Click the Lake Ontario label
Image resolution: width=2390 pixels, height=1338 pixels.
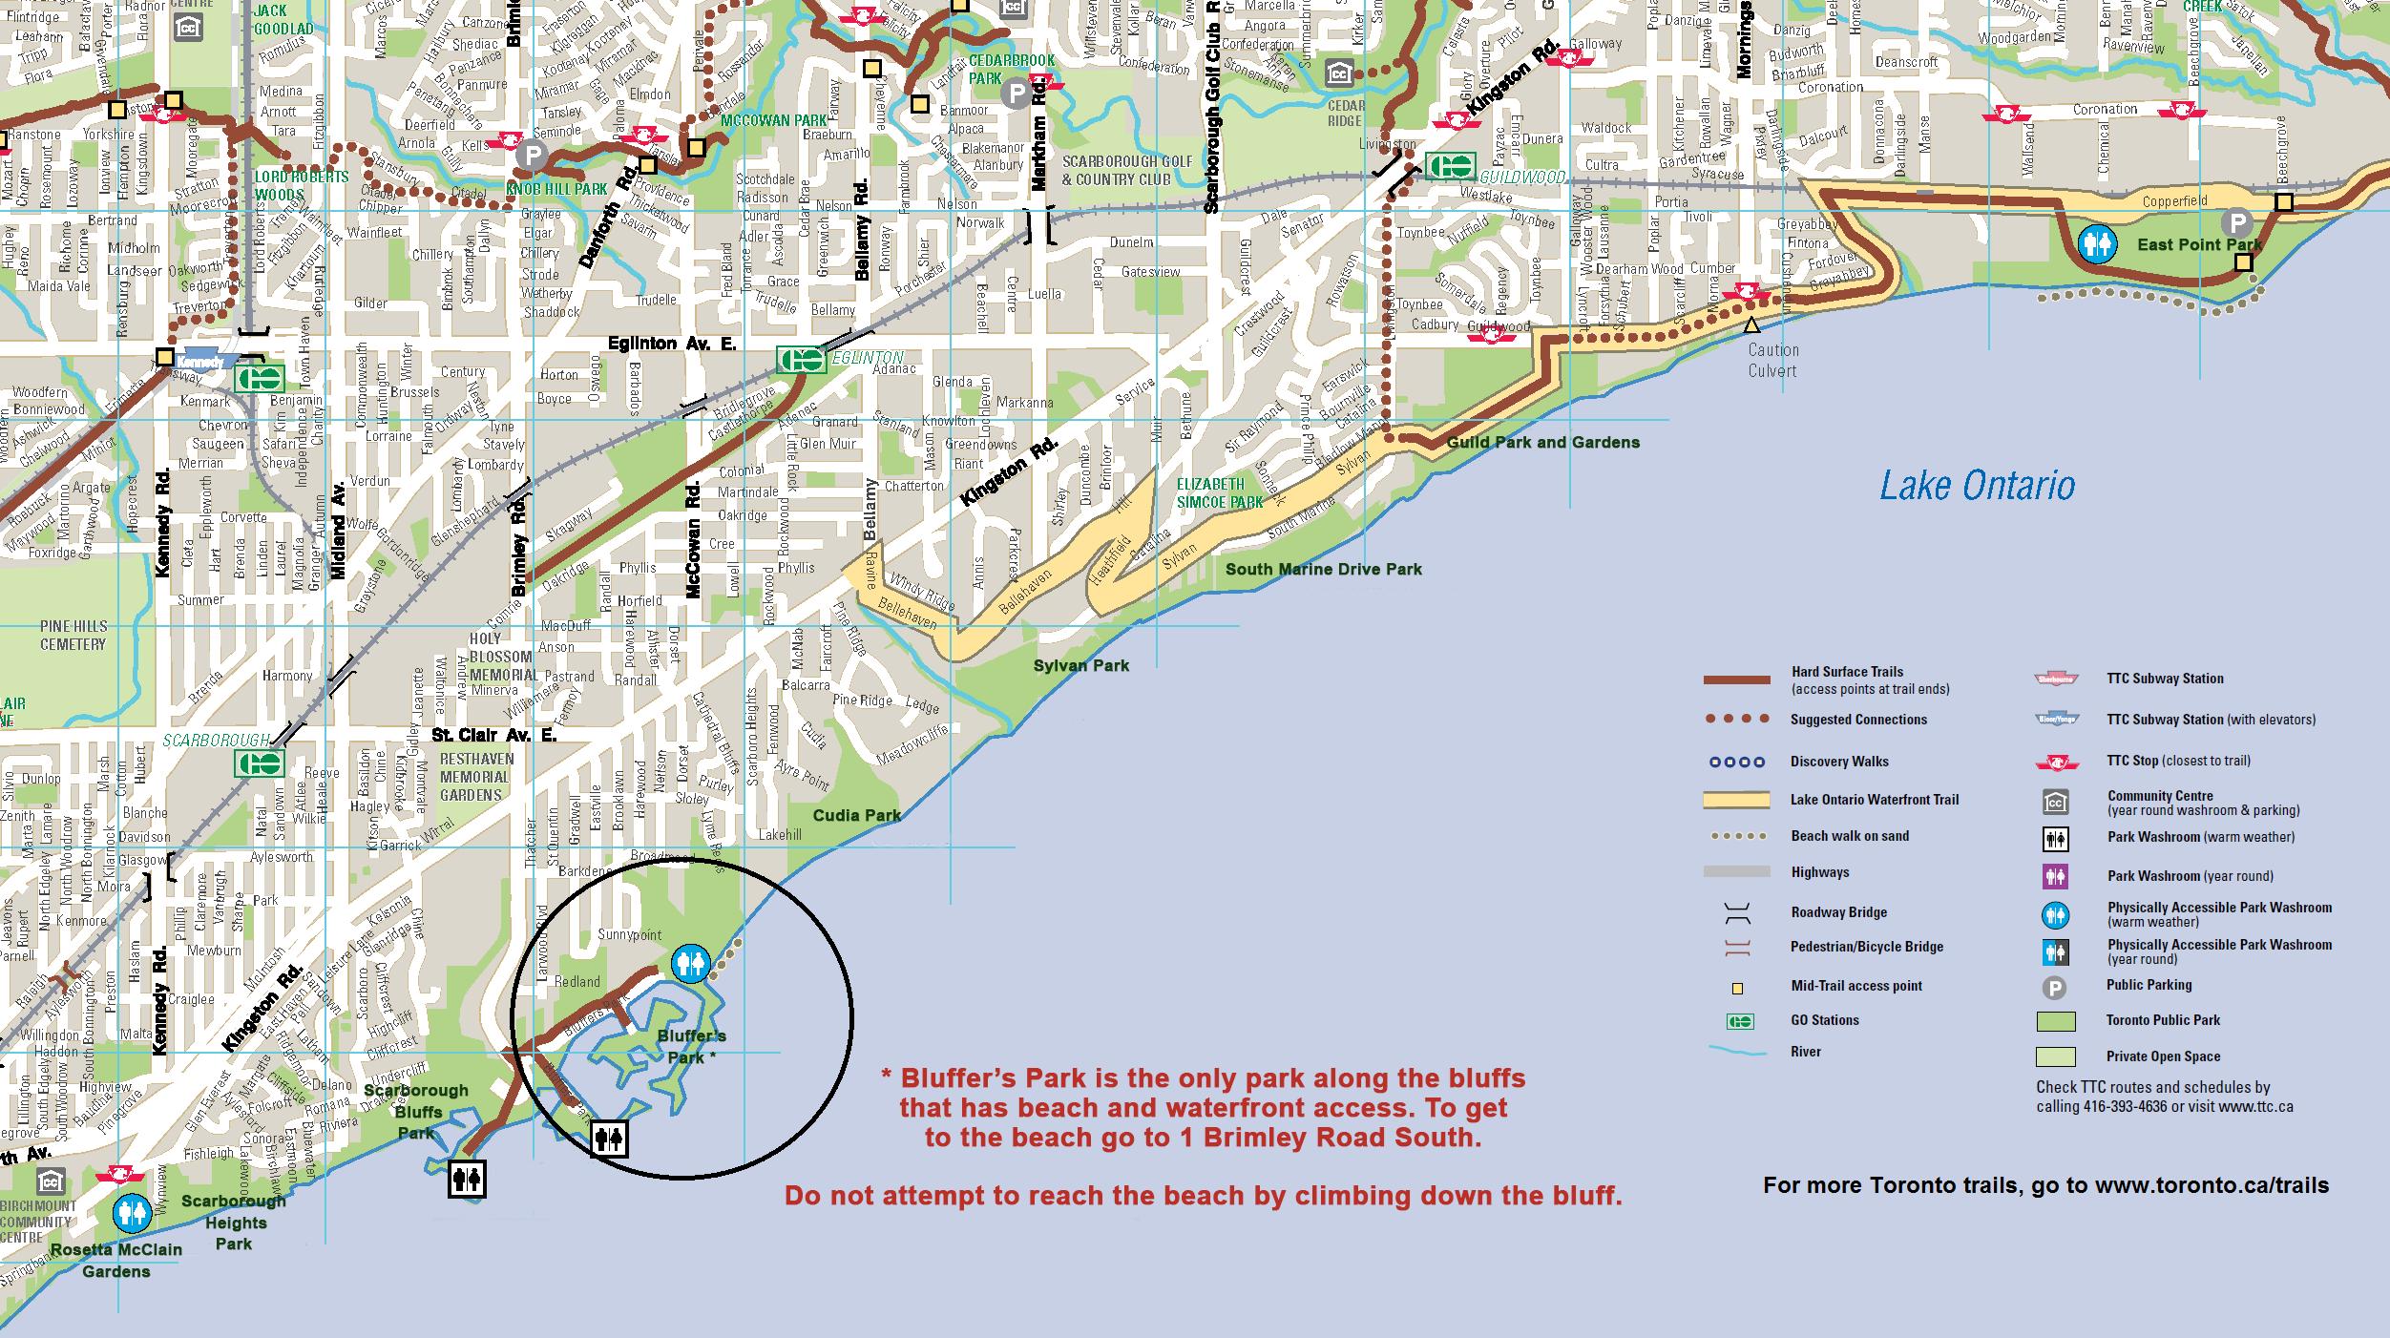click(1977, 486)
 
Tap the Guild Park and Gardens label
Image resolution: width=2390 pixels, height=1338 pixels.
click(1542, 443)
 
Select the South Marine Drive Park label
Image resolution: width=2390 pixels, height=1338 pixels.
click(1323, 570)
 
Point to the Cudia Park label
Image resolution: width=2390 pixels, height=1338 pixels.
click(856, 815)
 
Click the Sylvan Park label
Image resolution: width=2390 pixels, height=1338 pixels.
click(1080, 665)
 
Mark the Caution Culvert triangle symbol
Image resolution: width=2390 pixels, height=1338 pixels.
click(1751, 325)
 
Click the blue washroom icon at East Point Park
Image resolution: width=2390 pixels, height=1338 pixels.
click(2096, 244)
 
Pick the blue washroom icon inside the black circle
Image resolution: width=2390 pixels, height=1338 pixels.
click(689, 964)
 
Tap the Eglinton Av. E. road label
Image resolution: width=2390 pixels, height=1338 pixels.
click(672, 344)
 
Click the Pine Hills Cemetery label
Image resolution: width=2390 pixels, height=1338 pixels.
click(73, 636)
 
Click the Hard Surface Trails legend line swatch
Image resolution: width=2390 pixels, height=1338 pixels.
click(1736, 680)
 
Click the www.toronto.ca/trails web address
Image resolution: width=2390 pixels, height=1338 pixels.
click(2212, 1186)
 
